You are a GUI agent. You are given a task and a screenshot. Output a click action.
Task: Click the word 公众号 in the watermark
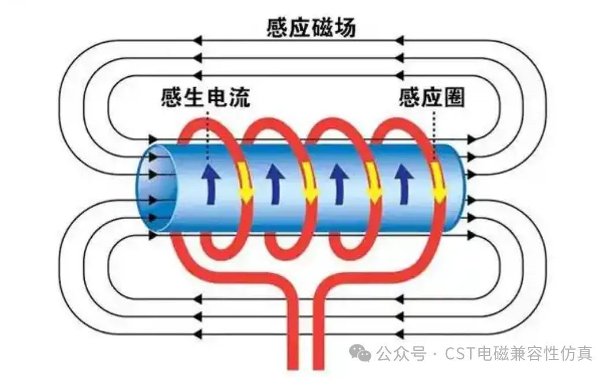coord(401,353)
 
